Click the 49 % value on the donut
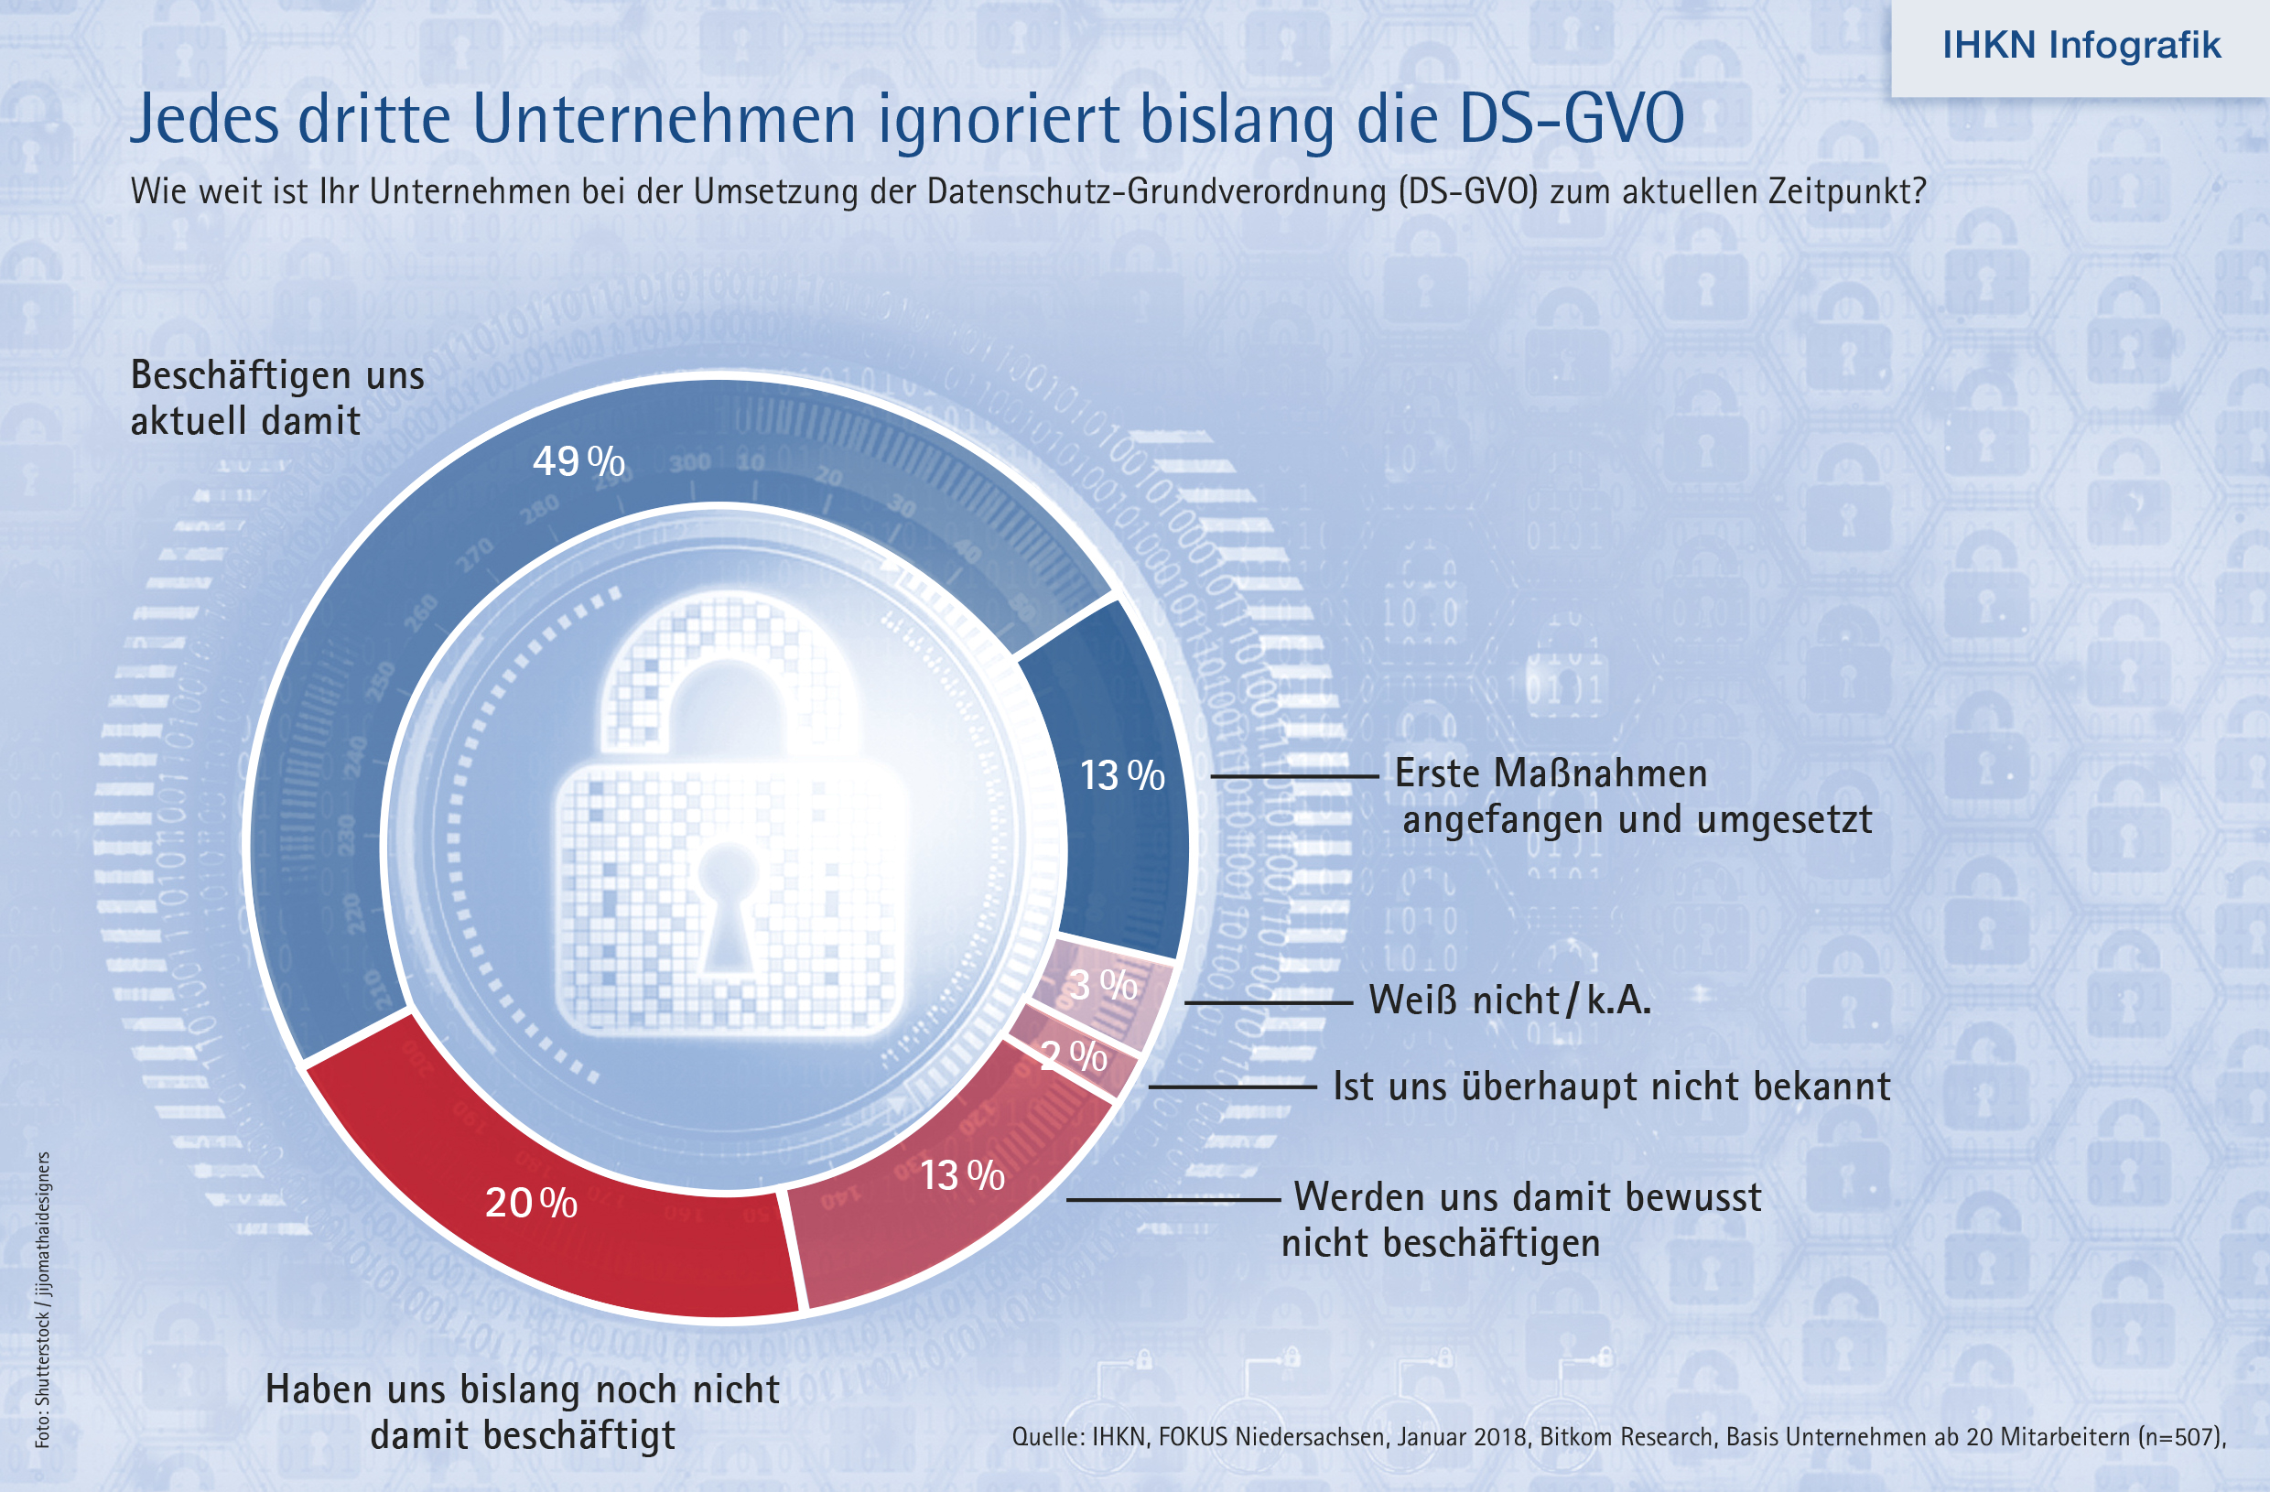[578, 461]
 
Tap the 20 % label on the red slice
[530, 1203]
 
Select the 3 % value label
[1103, 985]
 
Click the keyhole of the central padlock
[727, 906]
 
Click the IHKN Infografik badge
[2081, 46]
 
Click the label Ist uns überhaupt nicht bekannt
[1611, 1087]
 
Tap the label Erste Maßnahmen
[1551, 773]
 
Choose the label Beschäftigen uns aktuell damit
[276, 398]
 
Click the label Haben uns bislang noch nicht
[523, 1389]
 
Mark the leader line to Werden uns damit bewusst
[1173, 1199]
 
